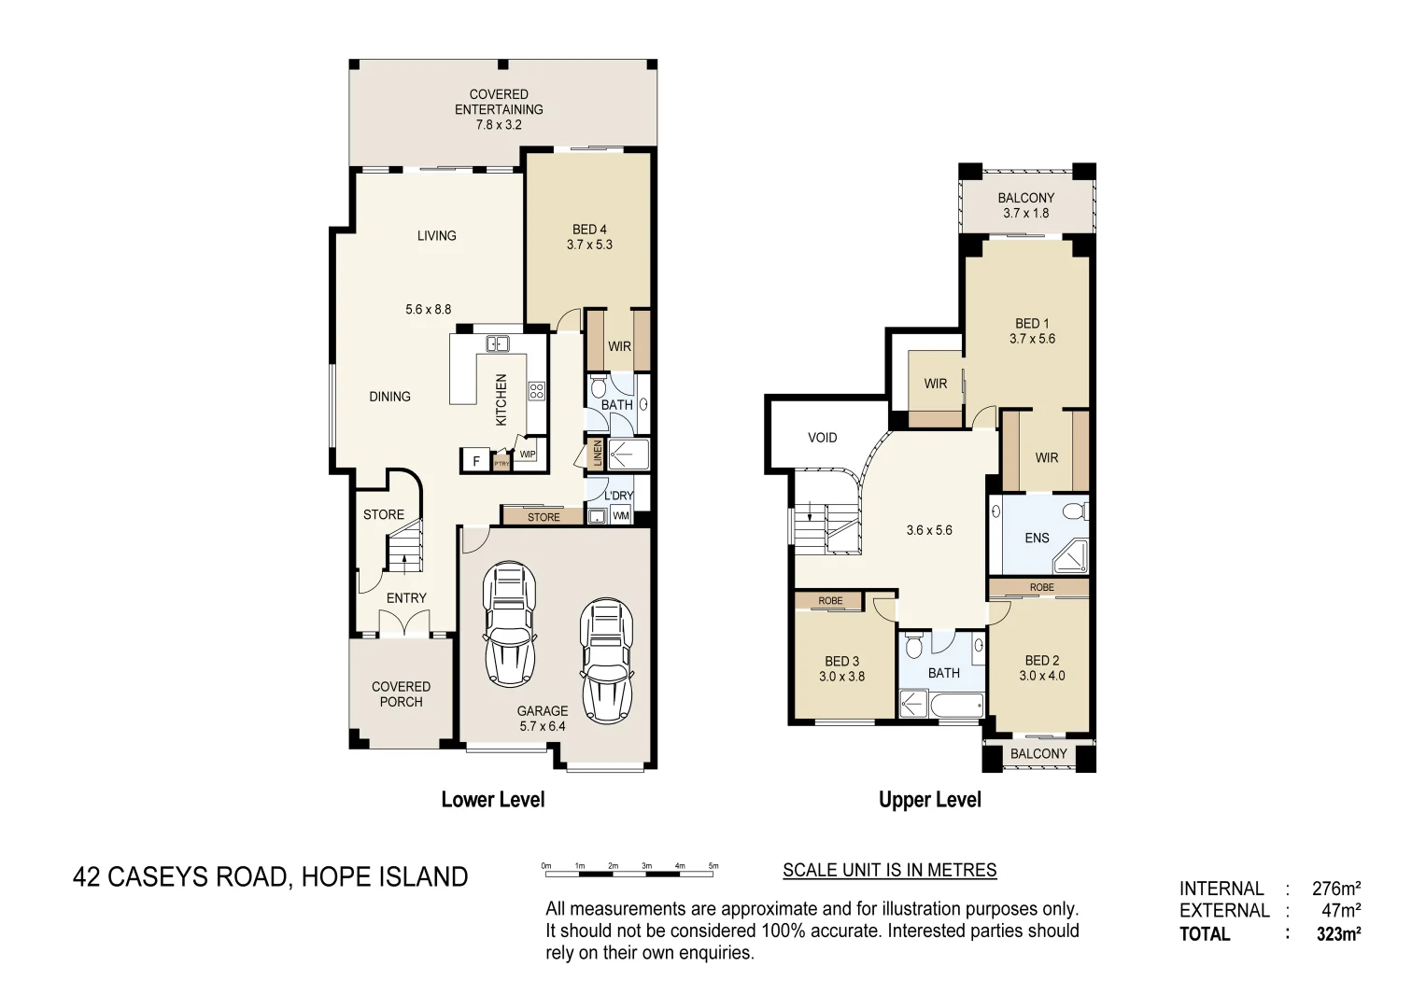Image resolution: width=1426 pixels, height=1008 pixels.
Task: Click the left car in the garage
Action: (x=510, y=623)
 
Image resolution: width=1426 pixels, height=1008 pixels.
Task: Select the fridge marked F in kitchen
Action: (x=475, y=461)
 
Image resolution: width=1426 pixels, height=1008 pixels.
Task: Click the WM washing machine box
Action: (x=621, y=516)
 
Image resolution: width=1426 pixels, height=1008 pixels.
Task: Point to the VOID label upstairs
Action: (x=822, y=438)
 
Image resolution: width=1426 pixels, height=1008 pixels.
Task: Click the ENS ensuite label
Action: (x=1037, y=538)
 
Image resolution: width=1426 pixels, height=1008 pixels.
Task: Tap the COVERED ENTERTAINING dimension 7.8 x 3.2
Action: (x=499, y=124)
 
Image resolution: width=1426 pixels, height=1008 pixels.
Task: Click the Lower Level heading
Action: (x=492, y=800)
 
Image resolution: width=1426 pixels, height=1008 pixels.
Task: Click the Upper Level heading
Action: (x=929, y=800)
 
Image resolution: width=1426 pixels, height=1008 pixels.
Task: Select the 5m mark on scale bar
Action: (x=713, y=867)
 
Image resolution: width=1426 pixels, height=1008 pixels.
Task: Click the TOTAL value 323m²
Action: (x=1338, y=933)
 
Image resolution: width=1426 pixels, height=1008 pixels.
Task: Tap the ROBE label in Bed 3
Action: (x=830, y=601)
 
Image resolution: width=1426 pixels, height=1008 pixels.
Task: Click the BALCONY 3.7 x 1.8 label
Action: (x=1025, y=205)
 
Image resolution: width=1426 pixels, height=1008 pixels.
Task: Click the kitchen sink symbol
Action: (x=497, y=344)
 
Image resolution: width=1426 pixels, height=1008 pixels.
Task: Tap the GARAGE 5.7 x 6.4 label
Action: (x=542, y=718)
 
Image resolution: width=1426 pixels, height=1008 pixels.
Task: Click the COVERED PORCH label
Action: (x=401, y=694)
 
